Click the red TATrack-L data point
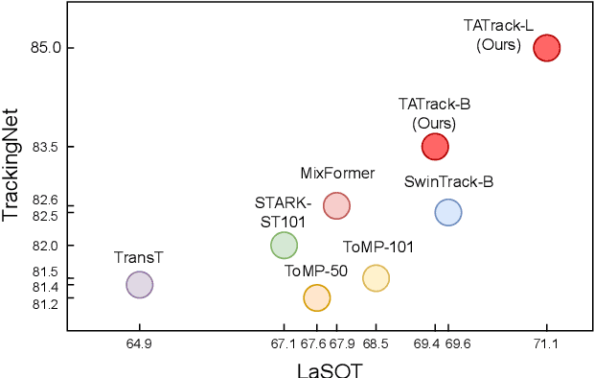coord(546,47)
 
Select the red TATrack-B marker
coord(435,146)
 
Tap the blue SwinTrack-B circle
coord(448,213)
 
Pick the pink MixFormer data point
coord(336,205)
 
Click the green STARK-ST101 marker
coord(284,246)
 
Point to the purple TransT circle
coord(140,284)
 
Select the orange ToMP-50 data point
coord(317,298)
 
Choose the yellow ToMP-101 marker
coord(376,278)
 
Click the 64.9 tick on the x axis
coord(140,343)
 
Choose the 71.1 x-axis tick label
coord(546,343)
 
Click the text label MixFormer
coord(337,174)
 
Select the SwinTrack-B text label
coord(448,181)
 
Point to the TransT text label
coord(139,257)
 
